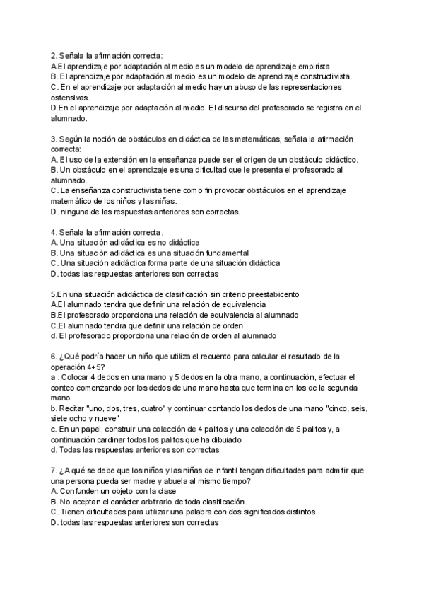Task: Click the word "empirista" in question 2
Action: click(x=312, y=66)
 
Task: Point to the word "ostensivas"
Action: click(x=71, y=97)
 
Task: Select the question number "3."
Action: click(x=54, y=139)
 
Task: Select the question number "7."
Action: click(x=54, y=471)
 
